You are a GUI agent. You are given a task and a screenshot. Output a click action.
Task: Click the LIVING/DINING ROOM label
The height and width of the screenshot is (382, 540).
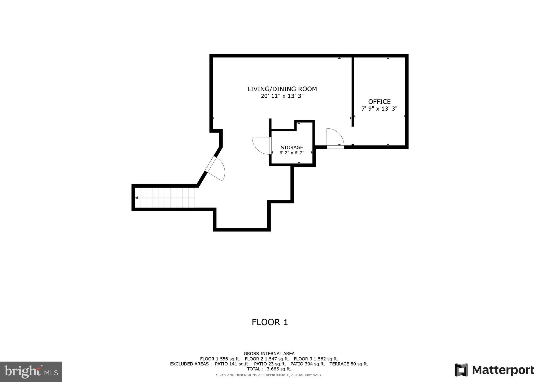coord(282,89)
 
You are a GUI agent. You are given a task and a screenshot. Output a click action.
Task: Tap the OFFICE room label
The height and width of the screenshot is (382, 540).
coord(379,102)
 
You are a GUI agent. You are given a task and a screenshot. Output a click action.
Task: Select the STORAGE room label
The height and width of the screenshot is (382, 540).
coord(292,147)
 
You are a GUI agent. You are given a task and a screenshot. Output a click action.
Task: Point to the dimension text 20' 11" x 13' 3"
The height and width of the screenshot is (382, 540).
coord(282,96)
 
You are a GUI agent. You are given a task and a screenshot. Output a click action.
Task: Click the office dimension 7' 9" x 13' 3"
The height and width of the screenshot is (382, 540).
coord(379,109)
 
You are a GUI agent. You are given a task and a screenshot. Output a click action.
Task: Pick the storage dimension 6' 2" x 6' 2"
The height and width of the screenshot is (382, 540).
coord(292,153)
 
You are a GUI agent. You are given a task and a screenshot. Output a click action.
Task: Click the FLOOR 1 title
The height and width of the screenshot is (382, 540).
coord(270,322)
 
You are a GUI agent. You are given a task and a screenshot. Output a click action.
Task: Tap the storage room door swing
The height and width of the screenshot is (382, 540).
coord(260,145)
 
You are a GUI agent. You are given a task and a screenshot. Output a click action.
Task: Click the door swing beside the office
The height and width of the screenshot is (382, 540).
coord(335,137)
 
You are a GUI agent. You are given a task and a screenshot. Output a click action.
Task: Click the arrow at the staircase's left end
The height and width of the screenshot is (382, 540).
coord(137,198)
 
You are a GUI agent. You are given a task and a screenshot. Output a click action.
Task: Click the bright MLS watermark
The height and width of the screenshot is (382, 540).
coord(31,372)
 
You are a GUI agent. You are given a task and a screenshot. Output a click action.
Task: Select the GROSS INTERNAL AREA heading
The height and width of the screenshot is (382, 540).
coord(269,354)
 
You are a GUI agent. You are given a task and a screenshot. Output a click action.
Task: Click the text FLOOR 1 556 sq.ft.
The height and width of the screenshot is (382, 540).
coord(220,359)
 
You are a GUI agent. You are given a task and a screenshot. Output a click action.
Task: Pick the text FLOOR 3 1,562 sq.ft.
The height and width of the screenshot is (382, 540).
coord(316,359)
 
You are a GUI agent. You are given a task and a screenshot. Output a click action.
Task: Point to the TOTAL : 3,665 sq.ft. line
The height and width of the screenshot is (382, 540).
coord(269,369)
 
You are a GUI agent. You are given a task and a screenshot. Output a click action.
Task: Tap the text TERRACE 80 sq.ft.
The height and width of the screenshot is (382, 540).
coord(349,364)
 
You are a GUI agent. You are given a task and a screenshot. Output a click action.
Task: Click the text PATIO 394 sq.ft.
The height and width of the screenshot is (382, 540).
coord(308,364)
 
